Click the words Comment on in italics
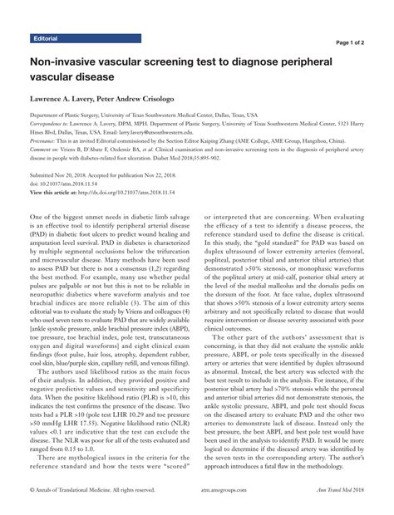(49, 150)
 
